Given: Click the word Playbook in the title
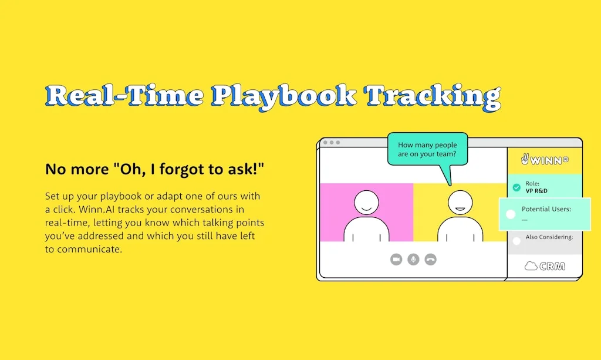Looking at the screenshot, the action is (x=284, y=96).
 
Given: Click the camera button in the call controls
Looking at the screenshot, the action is (x=396, y=260).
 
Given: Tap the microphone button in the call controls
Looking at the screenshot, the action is (x=413, y=260).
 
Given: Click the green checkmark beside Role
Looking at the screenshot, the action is (x=516, y=187).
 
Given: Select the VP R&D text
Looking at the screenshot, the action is (x=536, y=191).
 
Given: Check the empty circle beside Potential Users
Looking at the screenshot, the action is (x=511, y=214).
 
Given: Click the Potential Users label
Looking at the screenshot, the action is (x=546, y=209).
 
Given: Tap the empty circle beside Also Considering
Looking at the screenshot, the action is (x=516, y=241).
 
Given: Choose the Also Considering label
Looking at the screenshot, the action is (x=549, y=237).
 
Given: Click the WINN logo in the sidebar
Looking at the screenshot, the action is (x=545, y=160).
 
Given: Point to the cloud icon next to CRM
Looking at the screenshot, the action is (x=531, y=265).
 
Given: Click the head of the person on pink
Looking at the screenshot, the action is (x=366, y=203).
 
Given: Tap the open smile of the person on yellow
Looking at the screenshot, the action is (x=460, y=209).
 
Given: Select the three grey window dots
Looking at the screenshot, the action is (x=332, y=143).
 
